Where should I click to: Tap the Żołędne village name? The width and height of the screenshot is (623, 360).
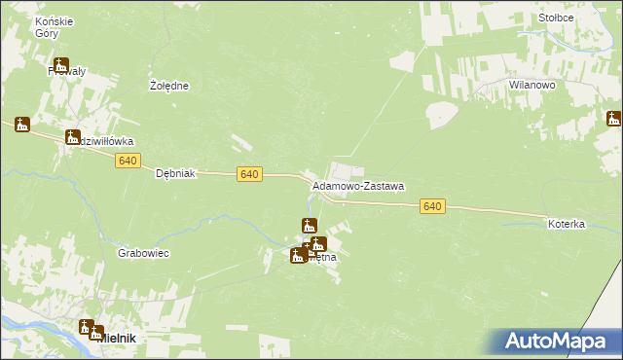tap(168, 86)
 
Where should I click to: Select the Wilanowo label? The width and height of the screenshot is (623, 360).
tap(531, 86)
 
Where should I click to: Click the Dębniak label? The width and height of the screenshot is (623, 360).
tap(177, 173)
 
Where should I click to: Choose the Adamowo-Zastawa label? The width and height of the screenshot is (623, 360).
tap(357, 185)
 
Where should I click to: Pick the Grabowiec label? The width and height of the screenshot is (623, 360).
tap(144, 253)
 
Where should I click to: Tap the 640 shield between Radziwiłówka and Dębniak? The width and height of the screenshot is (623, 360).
tap(128, 161)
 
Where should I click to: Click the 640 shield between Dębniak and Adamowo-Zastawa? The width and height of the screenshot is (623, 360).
tap(249, 173)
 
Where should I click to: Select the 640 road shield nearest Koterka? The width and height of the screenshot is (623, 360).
tap(433, 206)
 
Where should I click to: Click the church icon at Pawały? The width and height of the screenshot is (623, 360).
tap(61, 66)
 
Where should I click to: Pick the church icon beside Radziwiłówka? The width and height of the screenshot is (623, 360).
tap(72, 137)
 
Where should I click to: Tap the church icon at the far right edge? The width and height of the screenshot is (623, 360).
tap(613, 119)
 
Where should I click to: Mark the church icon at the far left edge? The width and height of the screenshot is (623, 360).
tap(22, 125)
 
